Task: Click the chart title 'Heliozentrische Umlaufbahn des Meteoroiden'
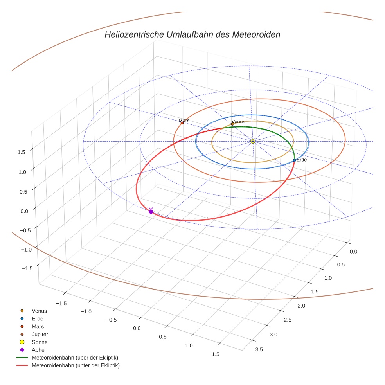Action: click(x=192, y=34)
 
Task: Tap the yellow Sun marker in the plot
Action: click(x=253, y=141)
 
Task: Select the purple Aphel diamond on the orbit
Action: click(x=151, y=212)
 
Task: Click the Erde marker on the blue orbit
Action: click(x=294, y=160)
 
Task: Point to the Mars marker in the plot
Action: click(x=182, y=123)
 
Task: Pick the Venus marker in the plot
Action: click(x=232, y=124)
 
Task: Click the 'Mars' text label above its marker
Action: click(x=184, y=121)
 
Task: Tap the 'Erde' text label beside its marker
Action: click(x=302, y=160)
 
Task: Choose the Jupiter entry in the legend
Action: click(x=40, y=334)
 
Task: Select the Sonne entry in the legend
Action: click(x=40, y=342)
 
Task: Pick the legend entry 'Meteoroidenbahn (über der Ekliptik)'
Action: click(x=75, y=358)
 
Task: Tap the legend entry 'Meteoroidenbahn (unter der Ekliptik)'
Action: click(x=76, y=365)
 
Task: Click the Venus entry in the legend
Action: click(x=39, y=311)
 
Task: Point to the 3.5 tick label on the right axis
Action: click(x=259, y=349)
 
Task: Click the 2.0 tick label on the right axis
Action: click(x=301, y=306)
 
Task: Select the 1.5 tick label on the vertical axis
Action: click(x=22, y=152)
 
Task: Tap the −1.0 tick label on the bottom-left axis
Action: click(x=86, y=311)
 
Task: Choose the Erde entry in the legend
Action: click(x=38, y=318)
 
